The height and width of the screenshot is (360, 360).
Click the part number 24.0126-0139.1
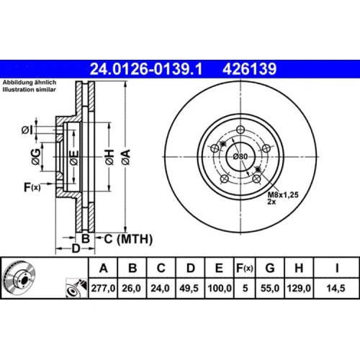[x=146, y=69]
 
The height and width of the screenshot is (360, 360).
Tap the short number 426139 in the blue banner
[x=250, y=69]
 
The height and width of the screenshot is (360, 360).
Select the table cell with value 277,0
[x=103, y=288]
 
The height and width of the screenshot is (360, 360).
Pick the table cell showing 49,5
[x=189, y=288]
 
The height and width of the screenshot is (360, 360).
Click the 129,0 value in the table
[x=299, y=288]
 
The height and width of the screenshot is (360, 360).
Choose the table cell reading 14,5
[x=336, y=288]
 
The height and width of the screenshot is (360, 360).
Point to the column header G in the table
[x=270, y=268]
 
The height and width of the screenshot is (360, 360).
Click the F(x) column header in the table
[x=245, y=268]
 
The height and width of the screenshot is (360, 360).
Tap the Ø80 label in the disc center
[x=240, y=156]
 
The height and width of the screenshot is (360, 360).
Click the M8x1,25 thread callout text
[x=283, y=194]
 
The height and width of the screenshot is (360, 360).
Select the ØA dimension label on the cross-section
[x=126, y=157]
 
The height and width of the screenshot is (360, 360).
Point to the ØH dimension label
[x=109, y=157]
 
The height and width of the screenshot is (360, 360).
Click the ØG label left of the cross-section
[x=36, y=157]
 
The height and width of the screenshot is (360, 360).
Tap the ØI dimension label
[x=27, y=130]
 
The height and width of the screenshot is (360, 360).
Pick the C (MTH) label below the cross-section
[x=128, y=239]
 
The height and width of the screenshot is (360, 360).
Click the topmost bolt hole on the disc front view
[x=240, y=130]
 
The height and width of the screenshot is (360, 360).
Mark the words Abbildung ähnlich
[x=30, y=83]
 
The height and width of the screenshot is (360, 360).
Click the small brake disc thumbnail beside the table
[x=19, y=278]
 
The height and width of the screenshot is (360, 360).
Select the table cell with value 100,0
[x=220, y=288]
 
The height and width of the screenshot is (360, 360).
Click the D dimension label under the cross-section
[x=76, y=248]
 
